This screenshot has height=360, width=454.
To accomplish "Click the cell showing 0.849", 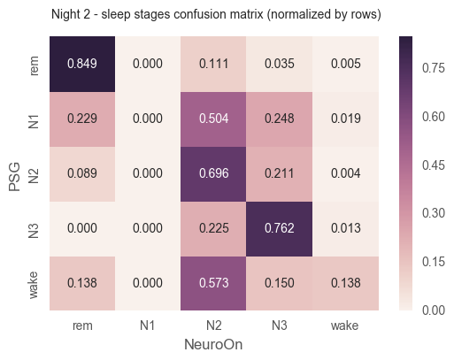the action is (x=82, y=64).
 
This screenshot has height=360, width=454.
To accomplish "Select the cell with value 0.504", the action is (x=213, y=119).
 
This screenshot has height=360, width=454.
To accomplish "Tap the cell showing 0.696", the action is (x=213, y=174).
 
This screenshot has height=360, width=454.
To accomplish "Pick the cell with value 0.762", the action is (x=279, y=229).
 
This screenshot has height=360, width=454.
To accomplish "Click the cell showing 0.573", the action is (x=213, y=283).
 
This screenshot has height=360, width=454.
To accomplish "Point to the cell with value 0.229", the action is (x=82, y=119).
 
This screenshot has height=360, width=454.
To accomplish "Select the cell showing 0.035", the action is (x=279, y=64).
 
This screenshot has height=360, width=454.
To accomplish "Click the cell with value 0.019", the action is (x=345, y=119).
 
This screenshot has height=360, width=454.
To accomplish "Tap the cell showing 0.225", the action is (x=213, y=229).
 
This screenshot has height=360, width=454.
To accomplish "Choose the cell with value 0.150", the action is (x=279, y=283).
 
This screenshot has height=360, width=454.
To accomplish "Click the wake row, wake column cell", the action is (x=345, y=283).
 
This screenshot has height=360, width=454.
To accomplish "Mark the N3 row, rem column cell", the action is (x=82, y=229).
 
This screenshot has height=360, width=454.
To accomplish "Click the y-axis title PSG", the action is (x=14, y=177).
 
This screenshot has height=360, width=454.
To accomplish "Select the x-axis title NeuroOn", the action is (x=213, y=344).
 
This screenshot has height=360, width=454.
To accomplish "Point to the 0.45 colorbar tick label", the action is (x=433, y=165).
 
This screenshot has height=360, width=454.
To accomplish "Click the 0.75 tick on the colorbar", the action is (x=433, y=68).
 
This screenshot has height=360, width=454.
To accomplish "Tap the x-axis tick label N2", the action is (x=213, y=326).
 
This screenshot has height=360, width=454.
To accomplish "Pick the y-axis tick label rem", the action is (x=34, y=65).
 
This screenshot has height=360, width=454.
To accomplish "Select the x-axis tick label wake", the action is (x=344, y=326).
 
